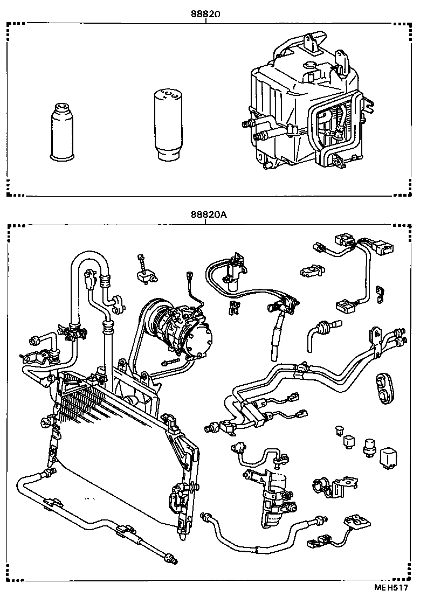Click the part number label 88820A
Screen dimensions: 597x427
(x=208, y=214)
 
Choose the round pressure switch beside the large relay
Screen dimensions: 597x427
(x=370, y=447)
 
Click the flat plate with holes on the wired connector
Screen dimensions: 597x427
(x=356, y=523)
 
